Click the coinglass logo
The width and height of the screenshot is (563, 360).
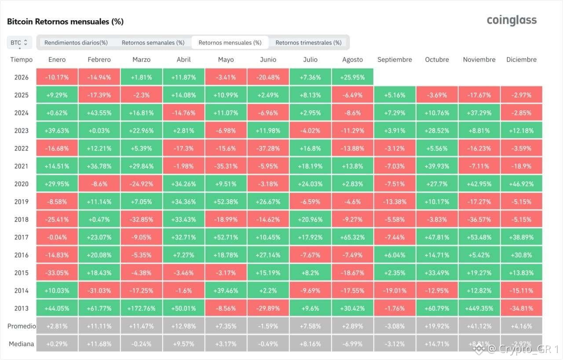(x=512, y=20)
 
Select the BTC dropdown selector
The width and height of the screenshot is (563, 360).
(x=19, y=43)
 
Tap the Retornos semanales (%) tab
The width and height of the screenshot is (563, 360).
(x=153, y=43)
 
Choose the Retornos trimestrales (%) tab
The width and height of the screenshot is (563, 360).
(x=308, y=43)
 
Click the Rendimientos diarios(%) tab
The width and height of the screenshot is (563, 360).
(x=76, y=43)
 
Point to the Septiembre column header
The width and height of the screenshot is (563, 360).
(x=395, y=59)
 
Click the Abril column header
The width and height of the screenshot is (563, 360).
(x=183, y=59)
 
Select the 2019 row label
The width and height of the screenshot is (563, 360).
(x=22, y=202)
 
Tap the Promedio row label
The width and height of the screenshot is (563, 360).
(x=22, y=326)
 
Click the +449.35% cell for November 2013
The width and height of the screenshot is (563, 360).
(x=479, y=308)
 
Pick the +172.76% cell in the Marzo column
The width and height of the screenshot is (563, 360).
(x=141, y=308)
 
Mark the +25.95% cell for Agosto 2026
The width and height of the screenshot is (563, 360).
(x=352, y=77)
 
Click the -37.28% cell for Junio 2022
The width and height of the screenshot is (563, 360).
(x=268, y=148)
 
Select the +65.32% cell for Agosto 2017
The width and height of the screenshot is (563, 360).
(x=352, y=237)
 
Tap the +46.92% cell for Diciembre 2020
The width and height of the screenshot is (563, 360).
(x=521, y=184)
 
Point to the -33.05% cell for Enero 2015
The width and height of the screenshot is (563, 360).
(x=57, y=273)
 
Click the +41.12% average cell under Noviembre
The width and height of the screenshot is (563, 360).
(x=479, y=326)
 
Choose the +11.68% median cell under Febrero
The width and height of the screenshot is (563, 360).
(x=99, y=344)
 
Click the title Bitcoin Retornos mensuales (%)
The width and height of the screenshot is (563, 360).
(x=66, y=22)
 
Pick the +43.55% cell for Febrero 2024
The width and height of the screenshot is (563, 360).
(x=99, y=113)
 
